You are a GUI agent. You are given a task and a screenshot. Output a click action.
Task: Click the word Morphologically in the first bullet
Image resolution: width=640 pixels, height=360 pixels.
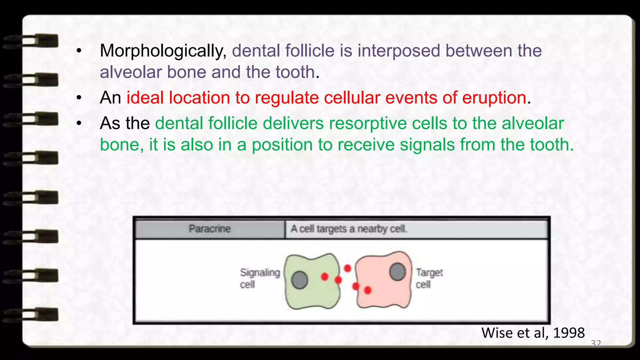click(x=163, y=51)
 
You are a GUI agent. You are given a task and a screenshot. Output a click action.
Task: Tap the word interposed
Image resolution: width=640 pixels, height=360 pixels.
click(x=399, y=51)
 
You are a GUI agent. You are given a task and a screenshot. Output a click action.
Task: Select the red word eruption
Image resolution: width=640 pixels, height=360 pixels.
click(x=494, y=98)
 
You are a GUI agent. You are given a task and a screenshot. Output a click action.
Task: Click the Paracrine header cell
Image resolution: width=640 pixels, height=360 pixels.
click(x=210, y=229)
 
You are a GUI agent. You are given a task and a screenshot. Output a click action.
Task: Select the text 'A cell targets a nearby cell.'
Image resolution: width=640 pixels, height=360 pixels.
click(x=349, y=229)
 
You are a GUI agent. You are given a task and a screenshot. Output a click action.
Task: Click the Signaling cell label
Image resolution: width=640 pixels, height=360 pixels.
click(x=259, y=278)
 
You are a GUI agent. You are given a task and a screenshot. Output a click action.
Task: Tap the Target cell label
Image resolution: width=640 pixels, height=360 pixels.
click(x=429, y=278)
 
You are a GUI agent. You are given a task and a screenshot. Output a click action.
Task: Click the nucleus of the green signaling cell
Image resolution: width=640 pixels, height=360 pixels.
click(x=300, y=280)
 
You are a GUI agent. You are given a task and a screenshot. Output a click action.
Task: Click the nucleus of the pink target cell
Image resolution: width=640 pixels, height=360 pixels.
click(x=397, y=272)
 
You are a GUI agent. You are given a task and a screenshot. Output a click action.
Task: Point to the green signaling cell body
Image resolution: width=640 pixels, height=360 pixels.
click(x=316, y=294)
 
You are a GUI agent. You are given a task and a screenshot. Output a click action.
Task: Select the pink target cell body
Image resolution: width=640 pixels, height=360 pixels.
click(x=383, y=291)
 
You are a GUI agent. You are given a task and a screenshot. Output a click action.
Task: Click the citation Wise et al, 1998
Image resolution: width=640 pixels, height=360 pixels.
click(x=533, y=333)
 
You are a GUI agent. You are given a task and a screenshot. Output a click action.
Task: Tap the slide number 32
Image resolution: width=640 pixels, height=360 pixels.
click(x=596, y=343)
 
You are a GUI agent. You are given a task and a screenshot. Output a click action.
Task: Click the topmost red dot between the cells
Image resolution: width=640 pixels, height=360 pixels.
click(x=347, y=268)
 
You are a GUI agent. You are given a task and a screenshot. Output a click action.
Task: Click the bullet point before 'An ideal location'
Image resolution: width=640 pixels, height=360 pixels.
click(x=79, y=98)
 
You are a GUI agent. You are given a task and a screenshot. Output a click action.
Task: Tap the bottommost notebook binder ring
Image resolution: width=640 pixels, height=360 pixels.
click(x=31, y=315)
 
